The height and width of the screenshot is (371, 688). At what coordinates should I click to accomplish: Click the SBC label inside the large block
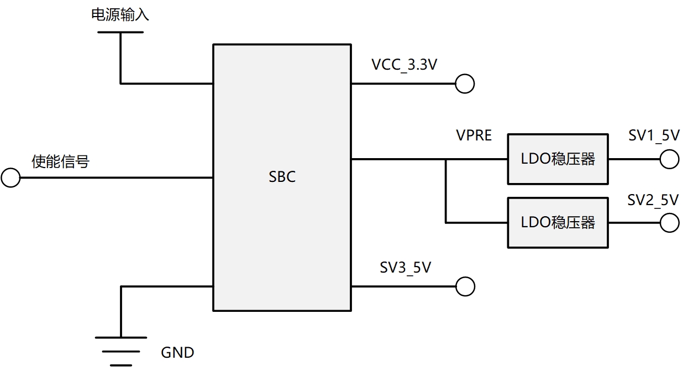point(282,177)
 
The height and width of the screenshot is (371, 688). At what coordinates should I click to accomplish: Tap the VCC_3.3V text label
point(405,65)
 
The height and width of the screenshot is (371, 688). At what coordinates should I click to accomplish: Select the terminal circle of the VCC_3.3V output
point(465,84)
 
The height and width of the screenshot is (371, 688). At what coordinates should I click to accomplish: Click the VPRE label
point(474,135)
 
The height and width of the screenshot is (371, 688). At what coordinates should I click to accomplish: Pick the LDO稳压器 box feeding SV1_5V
point(558,159)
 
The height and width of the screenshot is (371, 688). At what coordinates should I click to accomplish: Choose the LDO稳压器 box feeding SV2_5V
point(558,223)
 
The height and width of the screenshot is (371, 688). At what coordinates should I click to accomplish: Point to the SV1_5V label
point(654,135)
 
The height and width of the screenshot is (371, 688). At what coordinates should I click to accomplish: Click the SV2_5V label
point(653,200)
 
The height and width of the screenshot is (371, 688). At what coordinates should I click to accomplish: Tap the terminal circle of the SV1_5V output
point(669,159)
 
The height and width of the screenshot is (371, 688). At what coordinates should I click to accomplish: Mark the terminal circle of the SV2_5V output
point(669,223)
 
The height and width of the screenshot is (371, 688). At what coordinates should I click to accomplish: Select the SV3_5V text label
point(405,268)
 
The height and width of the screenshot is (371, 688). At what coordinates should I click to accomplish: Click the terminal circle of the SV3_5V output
point(465,286)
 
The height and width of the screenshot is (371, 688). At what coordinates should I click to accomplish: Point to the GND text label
point(177,352)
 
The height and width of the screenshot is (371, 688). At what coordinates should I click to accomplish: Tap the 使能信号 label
point(60,162)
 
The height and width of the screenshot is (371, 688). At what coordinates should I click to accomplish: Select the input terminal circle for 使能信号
point(10,178)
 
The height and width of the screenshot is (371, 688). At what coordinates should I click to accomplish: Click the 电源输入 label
point(120,15)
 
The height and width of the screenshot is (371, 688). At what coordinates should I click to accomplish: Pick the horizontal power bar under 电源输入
point(120,32)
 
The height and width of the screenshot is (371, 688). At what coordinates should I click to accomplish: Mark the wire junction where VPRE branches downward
point(446,159)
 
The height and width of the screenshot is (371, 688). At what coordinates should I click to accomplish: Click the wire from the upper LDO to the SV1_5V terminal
point(634,159)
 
